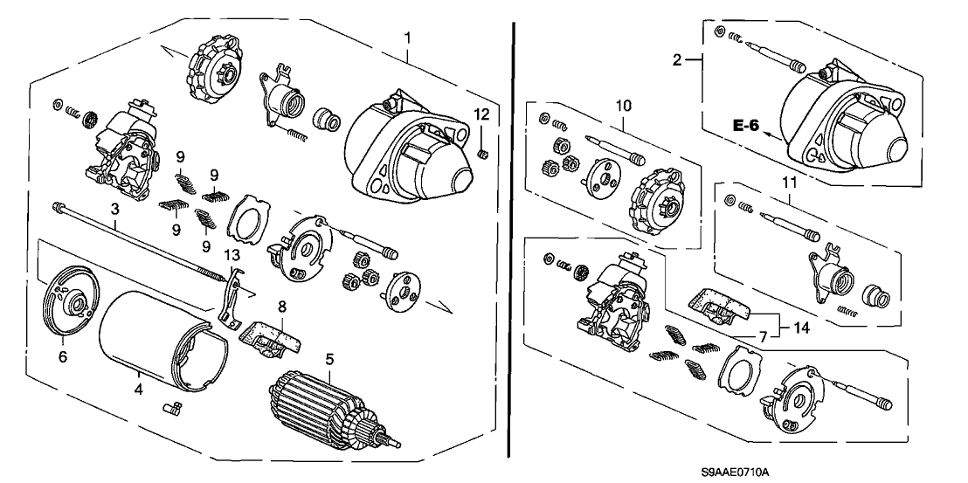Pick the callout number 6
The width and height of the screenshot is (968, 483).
(x=62, y=356)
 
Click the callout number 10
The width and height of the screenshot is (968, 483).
(x=622, y=106)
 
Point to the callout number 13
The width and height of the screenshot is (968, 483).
(x=230, y=254)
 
